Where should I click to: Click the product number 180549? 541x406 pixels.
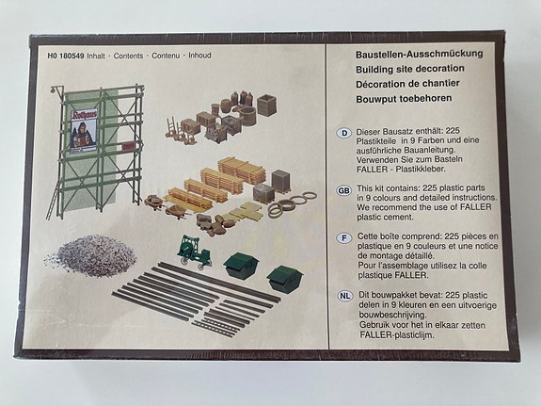[x=72, y=56]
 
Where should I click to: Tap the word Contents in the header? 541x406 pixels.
[x=128, y=56]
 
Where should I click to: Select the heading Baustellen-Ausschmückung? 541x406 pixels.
[x=420, y=55]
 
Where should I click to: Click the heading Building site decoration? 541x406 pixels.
[x=410, y=69]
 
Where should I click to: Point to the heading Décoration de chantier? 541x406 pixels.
[x=407, y=84]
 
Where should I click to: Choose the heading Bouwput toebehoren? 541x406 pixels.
[x=404, y=99]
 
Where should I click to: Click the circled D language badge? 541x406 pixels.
[x=343, y=134]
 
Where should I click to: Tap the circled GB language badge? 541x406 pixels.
[x=343, y=190]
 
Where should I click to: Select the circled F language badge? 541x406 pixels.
[x=344, y=238]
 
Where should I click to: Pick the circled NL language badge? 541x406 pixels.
[x=344, y=296]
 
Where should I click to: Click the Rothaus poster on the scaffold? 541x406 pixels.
[x=84, y=132]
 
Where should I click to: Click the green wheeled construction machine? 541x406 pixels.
[x=194, y=252]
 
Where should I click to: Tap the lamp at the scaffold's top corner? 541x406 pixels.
[x=53, y=90]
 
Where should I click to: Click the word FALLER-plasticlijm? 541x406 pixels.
[x=396, y=334]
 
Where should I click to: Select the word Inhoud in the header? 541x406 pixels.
[x=199, y=56]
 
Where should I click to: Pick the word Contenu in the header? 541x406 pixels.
[x=166, y=56]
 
